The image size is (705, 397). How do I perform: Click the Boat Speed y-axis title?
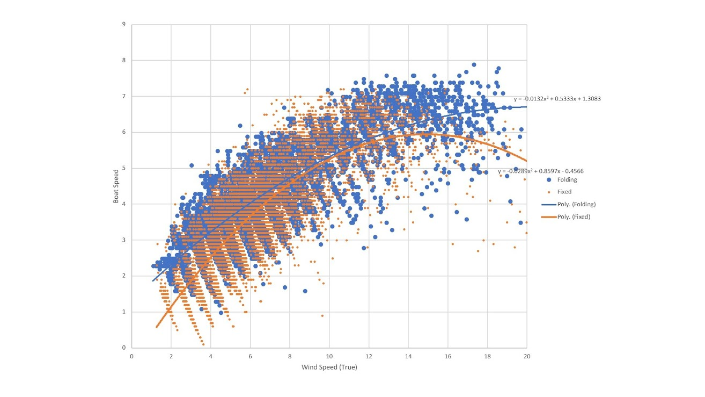pos(116,186)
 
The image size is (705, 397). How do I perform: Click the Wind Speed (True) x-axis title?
pos(329,367)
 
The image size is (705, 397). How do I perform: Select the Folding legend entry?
pos(567,180)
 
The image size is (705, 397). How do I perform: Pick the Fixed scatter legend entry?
pos(564,192)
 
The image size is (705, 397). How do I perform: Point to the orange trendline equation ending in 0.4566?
pos(540,171)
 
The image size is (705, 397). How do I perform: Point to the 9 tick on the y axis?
pos(124,24)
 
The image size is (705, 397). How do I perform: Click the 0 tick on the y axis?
pos(124,348)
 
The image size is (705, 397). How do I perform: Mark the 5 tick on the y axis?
pos(124,168)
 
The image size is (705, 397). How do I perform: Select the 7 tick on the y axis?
pos(124,96)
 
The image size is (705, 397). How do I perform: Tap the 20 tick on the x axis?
pos(526,356)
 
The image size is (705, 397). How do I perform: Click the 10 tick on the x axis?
pos(329,356)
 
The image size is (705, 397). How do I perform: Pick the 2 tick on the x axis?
pos(171,356)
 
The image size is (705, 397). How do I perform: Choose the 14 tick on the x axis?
pos(408,356)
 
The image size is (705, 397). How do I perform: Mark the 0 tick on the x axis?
pos(132,356)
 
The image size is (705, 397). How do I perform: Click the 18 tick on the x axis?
pos(487,356)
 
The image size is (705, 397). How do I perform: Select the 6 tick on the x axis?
pos(250,356)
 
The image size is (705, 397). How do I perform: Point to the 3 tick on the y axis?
pos(124,240)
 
